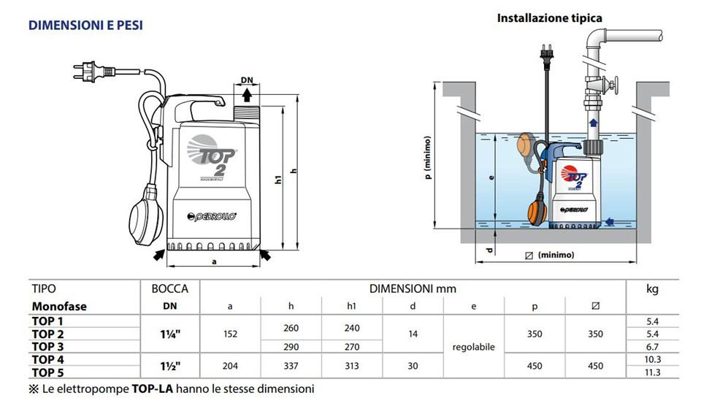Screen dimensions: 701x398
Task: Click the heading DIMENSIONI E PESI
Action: [x=85, y=26]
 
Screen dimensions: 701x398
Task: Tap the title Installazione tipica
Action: [x=549, y=18]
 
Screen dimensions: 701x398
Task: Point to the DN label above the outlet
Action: [x=247, y=80]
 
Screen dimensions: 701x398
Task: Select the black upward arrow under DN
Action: [x=247, y=95]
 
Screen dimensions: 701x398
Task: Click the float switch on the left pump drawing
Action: [x=145, y=215]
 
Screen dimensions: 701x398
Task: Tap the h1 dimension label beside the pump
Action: [x=278, y=179]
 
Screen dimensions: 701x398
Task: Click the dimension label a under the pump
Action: [x=214, y=261]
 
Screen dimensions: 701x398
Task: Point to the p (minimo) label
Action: [x=428, y=158]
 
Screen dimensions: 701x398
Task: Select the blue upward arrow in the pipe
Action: [x=593, y=123]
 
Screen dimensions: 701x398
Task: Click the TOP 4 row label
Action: [x=48, y=359]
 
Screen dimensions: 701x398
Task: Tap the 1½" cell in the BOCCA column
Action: [x=170, y=366]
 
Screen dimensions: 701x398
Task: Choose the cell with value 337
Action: [x=291, y=366]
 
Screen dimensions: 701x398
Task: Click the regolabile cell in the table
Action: [x=473, y=347]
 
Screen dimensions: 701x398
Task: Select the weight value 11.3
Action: [x=652, y=372]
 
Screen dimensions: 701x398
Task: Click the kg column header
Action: [x=652, y=288]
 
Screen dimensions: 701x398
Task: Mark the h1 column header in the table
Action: [x=352, y=306]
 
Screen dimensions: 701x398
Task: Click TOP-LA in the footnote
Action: [x=152, y=389]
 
